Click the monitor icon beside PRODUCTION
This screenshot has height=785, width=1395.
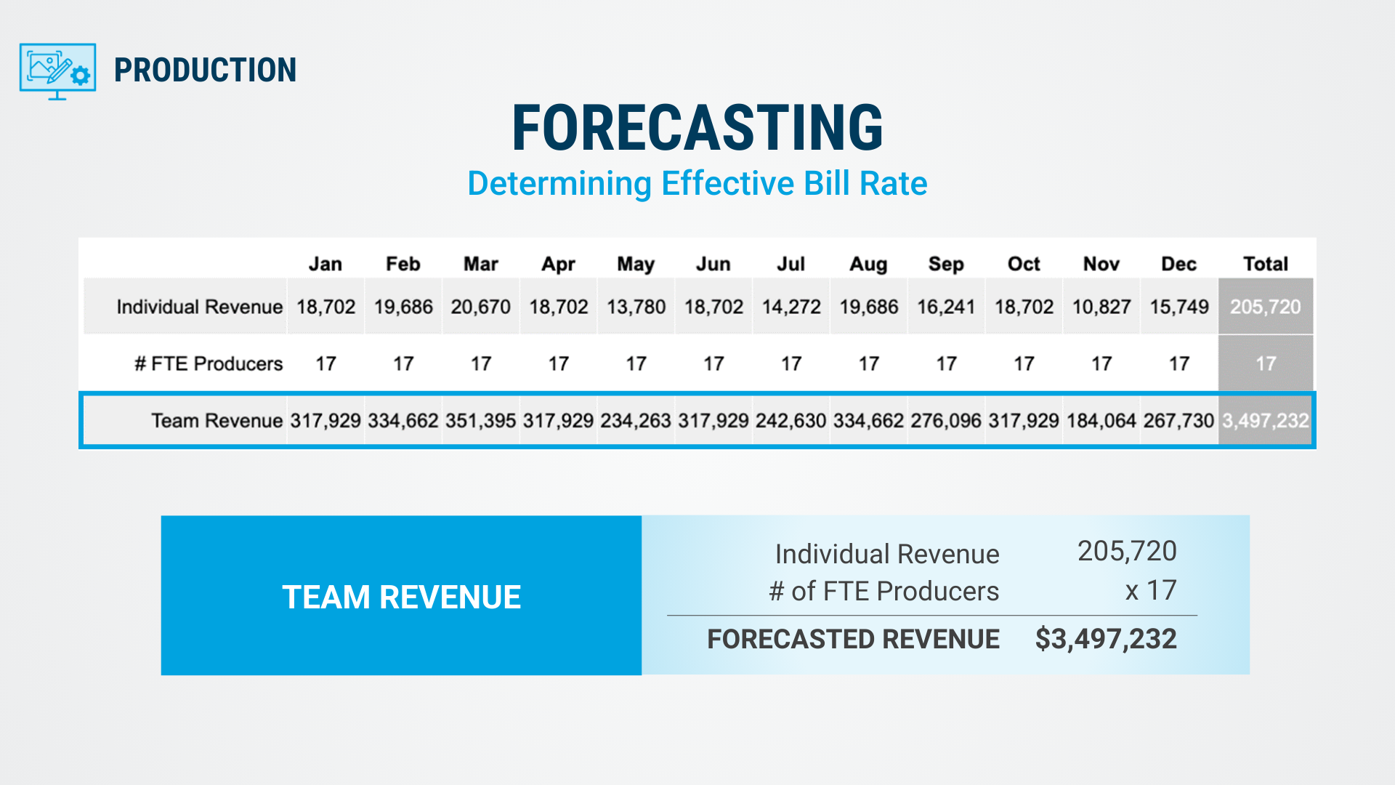[57, 71]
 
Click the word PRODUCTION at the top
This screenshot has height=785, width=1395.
[205, 71]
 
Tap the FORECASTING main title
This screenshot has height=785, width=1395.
[697, 128]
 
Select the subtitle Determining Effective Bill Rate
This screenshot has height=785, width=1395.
[697, 183]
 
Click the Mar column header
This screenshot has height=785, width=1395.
[480, 264]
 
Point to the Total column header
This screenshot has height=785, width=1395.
[1265, 264]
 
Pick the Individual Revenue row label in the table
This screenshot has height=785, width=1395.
[199, 307]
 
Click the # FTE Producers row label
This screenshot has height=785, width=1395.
[209, 363]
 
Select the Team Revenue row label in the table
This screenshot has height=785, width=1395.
[217, 421]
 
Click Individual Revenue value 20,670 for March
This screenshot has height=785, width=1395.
[480, 307]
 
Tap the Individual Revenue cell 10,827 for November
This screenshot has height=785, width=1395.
[1101, 307]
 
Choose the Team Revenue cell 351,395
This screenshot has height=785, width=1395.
[480, 421]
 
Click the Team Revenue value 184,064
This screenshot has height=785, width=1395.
[1101, 421]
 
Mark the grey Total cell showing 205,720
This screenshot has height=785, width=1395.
[1265, 307]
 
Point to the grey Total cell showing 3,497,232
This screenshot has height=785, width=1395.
[1265, 421]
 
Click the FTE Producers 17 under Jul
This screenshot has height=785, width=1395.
[791, 363]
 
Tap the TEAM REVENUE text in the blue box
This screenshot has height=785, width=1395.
[401, 597]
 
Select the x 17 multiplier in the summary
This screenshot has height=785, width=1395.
[1151, 590]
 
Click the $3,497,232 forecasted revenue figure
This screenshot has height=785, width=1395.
[1105, 639]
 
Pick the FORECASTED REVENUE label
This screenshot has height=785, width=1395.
[853, 639]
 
